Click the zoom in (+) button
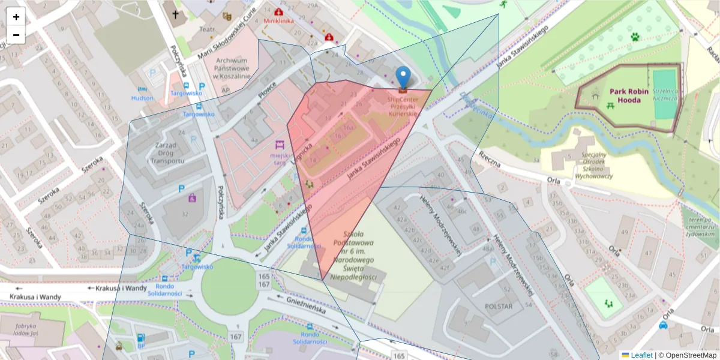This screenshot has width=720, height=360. coord(16,17)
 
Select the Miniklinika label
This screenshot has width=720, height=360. coord(279,20)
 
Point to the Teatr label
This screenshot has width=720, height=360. coord(207,29)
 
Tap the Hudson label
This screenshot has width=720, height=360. coord(142,98)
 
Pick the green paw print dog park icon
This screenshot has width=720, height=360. coord(635,37)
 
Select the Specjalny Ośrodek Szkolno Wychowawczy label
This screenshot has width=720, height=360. coord(585,165)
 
